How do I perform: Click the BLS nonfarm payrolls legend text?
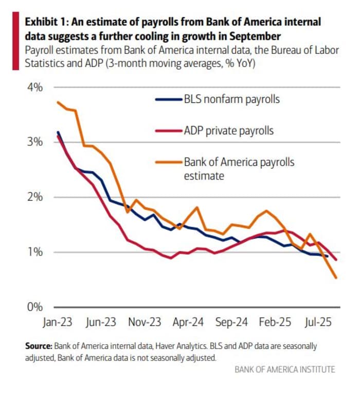coord(231,99)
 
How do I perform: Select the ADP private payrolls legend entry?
coord(228,131)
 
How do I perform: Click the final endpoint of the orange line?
coord(336,278)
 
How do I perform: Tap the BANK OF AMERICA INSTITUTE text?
coord(284,369)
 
